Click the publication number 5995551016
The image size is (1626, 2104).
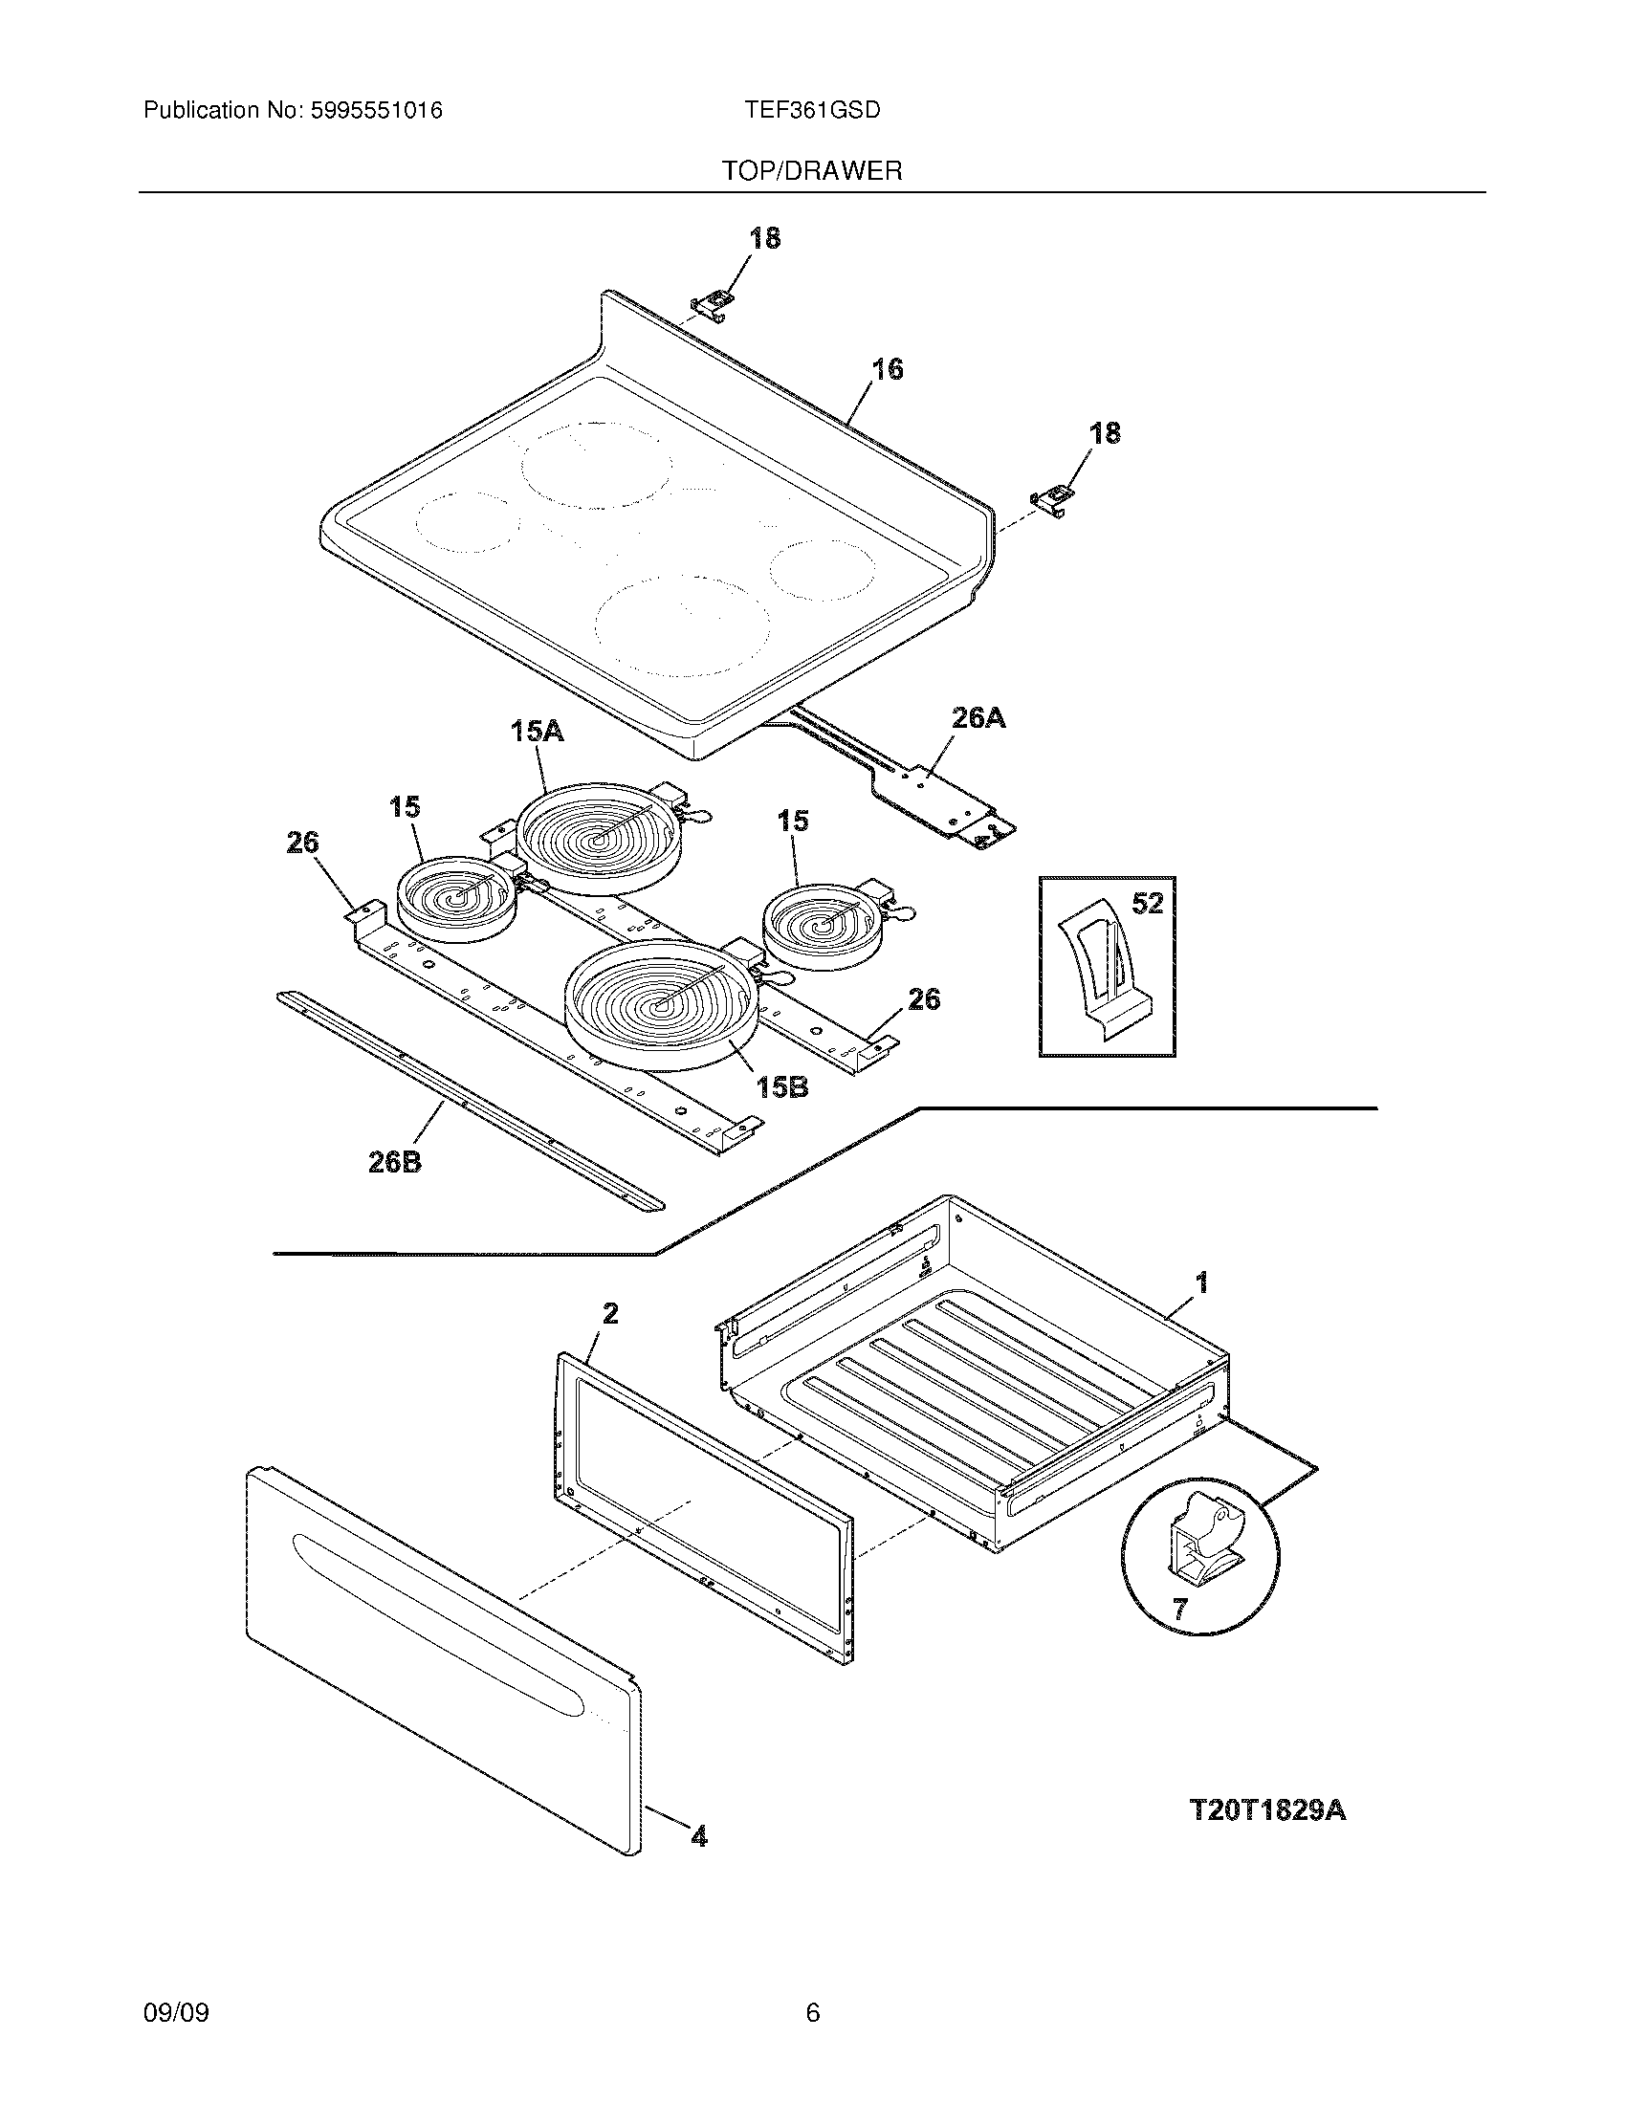click(x=376, y=111)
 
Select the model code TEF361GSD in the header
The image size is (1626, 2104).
click(x=812, y=111)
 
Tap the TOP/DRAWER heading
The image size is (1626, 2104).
click(x=812, y=171)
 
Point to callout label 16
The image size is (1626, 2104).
click(x=888, y=369)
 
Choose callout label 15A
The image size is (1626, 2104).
click(x=537, y=732)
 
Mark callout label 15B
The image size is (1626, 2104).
click(x=781, y=1087)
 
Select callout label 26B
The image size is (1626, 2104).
click(x=395, y=1163)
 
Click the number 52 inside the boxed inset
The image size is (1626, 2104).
click(x=1147, y=904)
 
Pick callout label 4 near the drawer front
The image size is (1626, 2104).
click(x=699, y=1837)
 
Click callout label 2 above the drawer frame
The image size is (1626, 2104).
click(x=610, y=1313)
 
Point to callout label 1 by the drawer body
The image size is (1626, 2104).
click(x=1201, y=1282)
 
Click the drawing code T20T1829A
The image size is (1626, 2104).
click(x=1267, y=1810)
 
